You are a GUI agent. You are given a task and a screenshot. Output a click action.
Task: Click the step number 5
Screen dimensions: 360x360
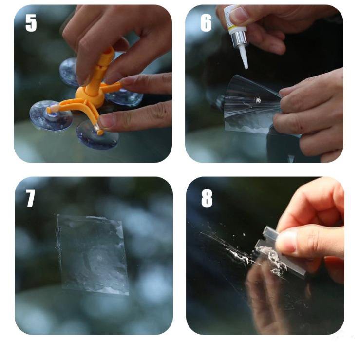[x=31, y=23]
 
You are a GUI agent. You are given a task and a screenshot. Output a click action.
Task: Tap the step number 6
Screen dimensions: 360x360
[x=206, y=23]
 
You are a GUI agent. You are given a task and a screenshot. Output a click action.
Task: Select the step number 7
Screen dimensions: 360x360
[x=31, y=198]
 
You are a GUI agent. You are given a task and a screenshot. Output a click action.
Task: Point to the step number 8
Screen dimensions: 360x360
[x=207, y=199]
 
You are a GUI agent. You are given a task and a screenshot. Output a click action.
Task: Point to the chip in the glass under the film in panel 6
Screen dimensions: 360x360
[x=258, y=100]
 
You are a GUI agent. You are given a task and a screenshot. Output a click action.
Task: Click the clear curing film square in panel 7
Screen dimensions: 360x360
[x=92, y=254]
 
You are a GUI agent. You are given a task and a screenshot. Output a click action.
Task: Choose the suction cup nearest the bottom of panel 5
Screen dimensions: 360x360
[x=97, y=135]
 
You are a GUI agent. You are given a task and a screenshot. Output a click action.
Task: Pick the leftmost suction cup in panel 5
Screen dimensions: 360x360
[x=51, y=115]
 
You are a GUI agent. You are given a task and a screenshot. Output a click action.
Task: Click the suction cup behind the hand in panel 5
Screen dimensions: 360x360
[x=69, y=72]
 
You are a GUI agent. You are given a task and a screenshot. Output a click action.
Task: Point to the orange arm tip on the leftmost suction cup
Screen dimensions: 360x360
[x=51, y=110]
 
